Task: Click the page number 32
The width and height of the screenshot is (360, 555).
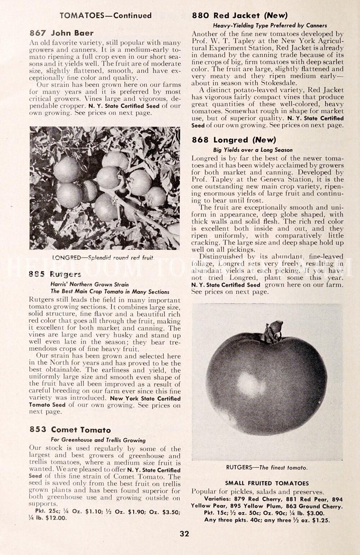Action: click(184, 534)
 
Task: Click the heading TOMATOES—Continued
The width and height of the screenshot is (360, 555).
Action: click(105, 15)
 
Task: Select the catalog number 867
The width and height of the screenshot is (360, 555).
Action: click(37, 33)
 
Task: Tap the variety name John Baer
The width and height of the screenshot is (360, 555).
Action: click(72, 33)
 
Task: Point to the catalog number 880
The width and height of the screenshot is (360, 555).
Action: click(200, 15)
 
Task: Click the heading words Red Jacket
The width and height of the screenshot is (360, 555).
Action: click(237, 15)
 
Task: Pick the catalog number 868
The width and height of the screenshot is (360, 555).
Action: click(200, 140)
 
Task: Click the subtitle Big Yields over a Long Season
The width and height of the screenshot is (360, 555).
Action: click(253, 150)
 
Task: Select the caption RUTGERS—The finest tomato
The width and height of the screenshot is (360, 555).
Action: click(267, 468)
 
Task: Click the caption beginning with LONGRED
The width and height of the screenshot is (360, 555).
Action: click(103, 258)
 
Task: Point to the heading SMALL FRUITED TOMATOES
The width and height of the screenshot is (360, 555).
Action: click(267, 483)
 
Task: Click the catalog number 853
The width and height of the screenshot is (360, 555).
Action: click(38, 430)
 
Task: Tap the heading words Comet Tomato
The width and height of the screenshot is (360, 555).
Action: click(81, 430)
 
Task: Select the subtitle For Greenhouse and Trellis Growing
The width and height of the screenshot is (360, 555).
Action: click(98, 440)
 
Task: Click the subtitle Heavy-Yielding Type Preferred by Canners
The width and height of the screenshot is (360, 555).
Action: click(270, 26)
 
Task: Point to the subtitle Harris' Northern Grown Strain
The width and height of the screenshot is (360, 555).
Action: click(90, 284)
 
